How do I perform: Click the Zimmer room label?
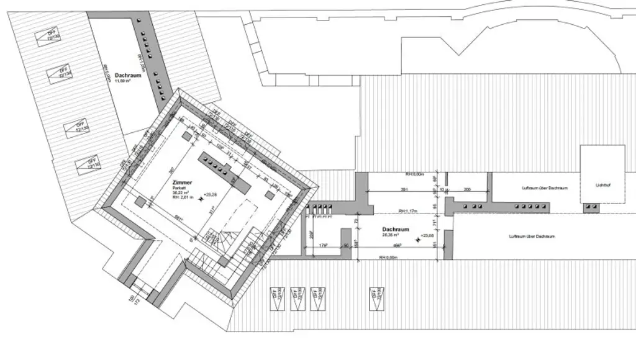click(183, 182)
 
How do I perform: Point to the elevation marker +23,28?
click(209, 195)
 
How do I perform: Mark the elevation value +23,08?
click(427, 236)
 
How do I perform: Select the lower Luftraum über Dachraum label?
click(531, 236)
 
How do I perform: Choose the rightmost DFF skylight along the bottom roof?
click(375, 298)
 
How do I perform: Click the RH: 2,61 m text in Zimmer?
click(183, 197)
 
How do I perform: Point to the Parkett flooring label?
click(181, 188)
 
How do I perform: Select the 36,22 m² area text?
click(181, 193)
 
